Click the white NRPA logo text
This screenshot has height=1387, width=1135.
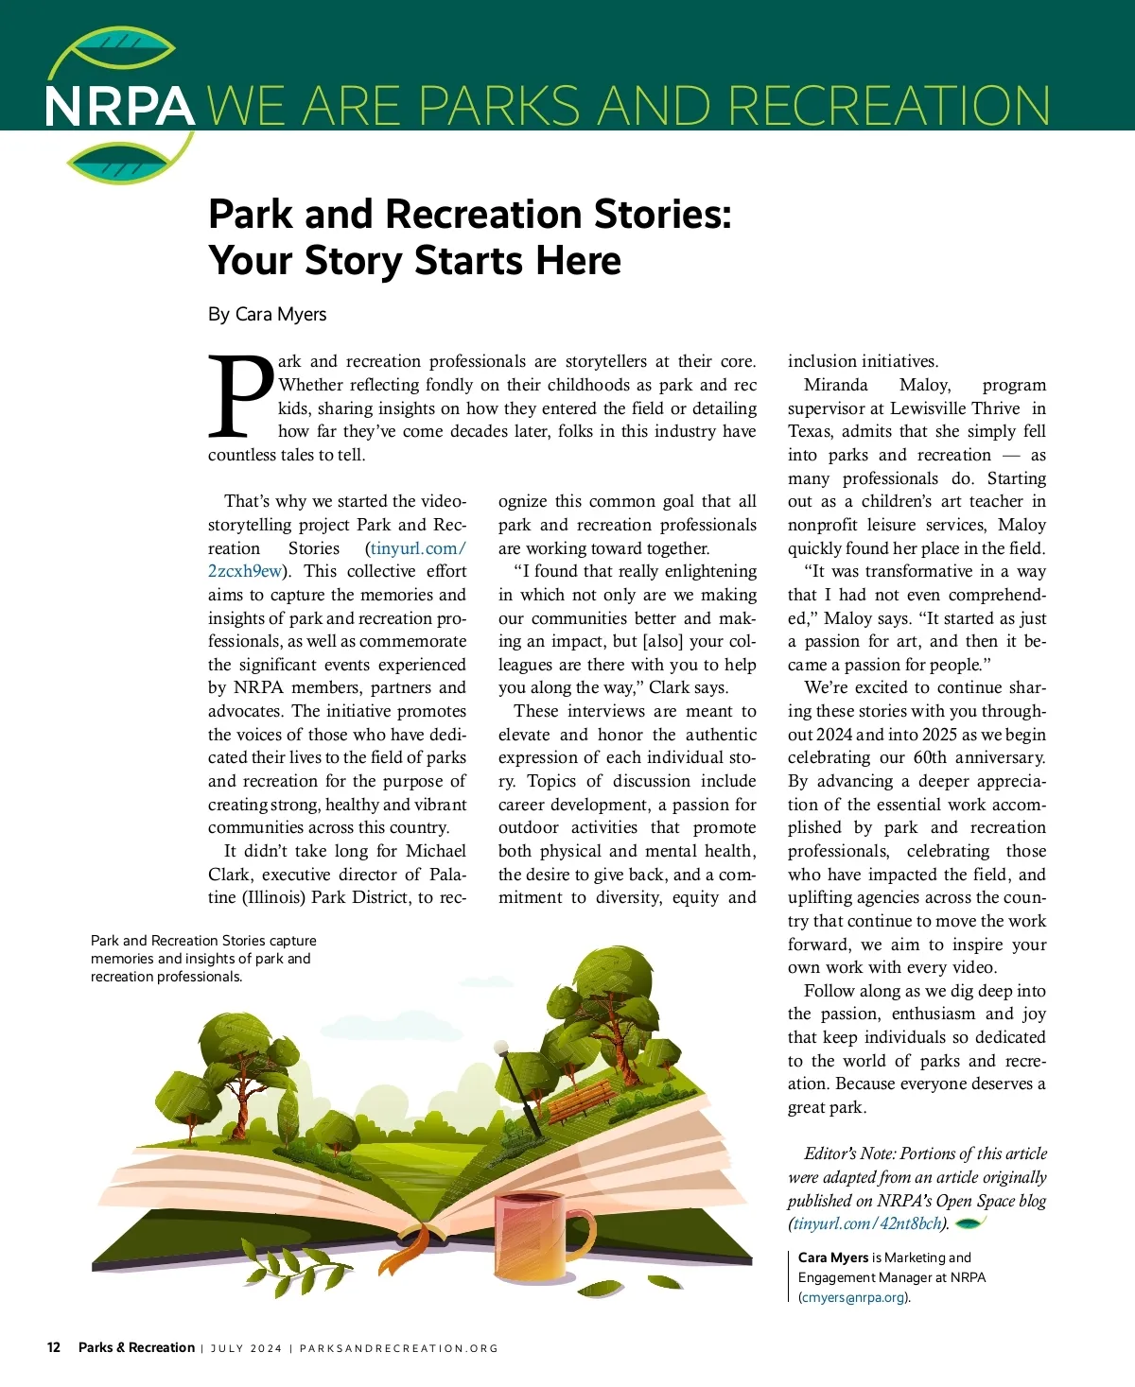pyautogui.click(x=120, y=106)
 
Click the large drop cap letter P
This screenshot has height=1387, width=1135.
pyautogui.click(x=240, y=396)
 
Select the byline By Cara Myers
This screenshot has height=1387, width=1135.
pyautogui.click(x=267, y=314)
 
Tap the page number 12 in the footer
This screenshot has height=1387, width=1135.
pyautogui.click(x=54, y=1347)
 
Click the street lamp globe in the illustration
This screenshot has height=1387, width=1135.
pyautogui.click(x=501, y=1048)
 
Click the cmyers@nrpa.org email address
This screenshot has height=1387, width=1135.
pyautogui.click(x=853, y=1297)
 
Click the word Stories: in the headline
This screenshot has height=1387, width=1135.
pyautogui.click(x=663, y=215)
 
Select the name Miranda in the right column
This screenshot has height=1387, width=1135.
pyautogui.click(x=835, y=385)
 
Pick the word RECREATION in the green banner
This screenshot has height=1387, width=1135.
pyautogui.click(x=889, y=106)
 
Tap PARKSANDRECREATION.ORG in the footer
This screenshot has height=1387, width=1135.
pyautogui.click(x=398, y=1348)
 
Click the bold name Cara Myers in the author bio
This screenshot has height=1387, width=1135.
pyautogui.click(x=833, y=1257)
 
